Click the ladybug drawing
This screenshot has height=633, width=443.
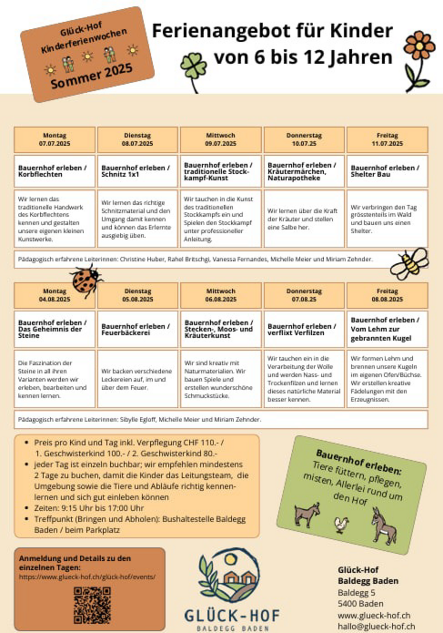85,279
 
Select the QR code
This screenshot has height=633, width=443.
92,605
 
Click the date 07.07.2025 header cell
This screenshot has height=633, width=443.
54,140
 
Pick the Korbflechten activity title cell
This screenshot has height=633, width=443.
54,171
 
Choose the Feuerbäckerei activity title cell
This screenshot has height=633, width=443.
138,329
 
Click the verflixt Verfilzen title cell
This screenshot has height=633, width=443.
304,329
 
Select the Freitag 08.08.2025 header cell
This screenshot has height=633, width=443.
387,295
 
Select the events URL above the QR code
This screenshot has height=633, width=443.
87,577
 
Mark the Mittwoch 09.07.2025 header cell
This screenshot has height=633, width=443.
221,140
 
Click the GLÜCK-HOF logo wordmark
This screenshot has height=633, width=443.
232,615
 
